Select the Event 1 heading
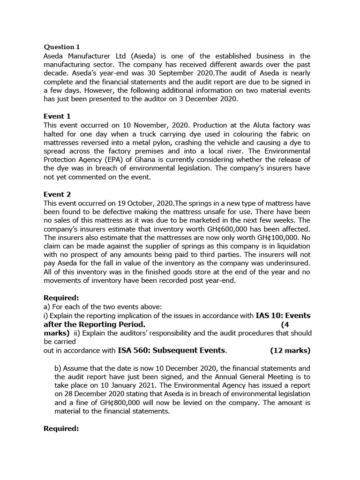[x=57, y=116]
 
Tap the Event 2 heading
[x=57, y=194]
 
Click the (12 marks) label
[x=290, y=350]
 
